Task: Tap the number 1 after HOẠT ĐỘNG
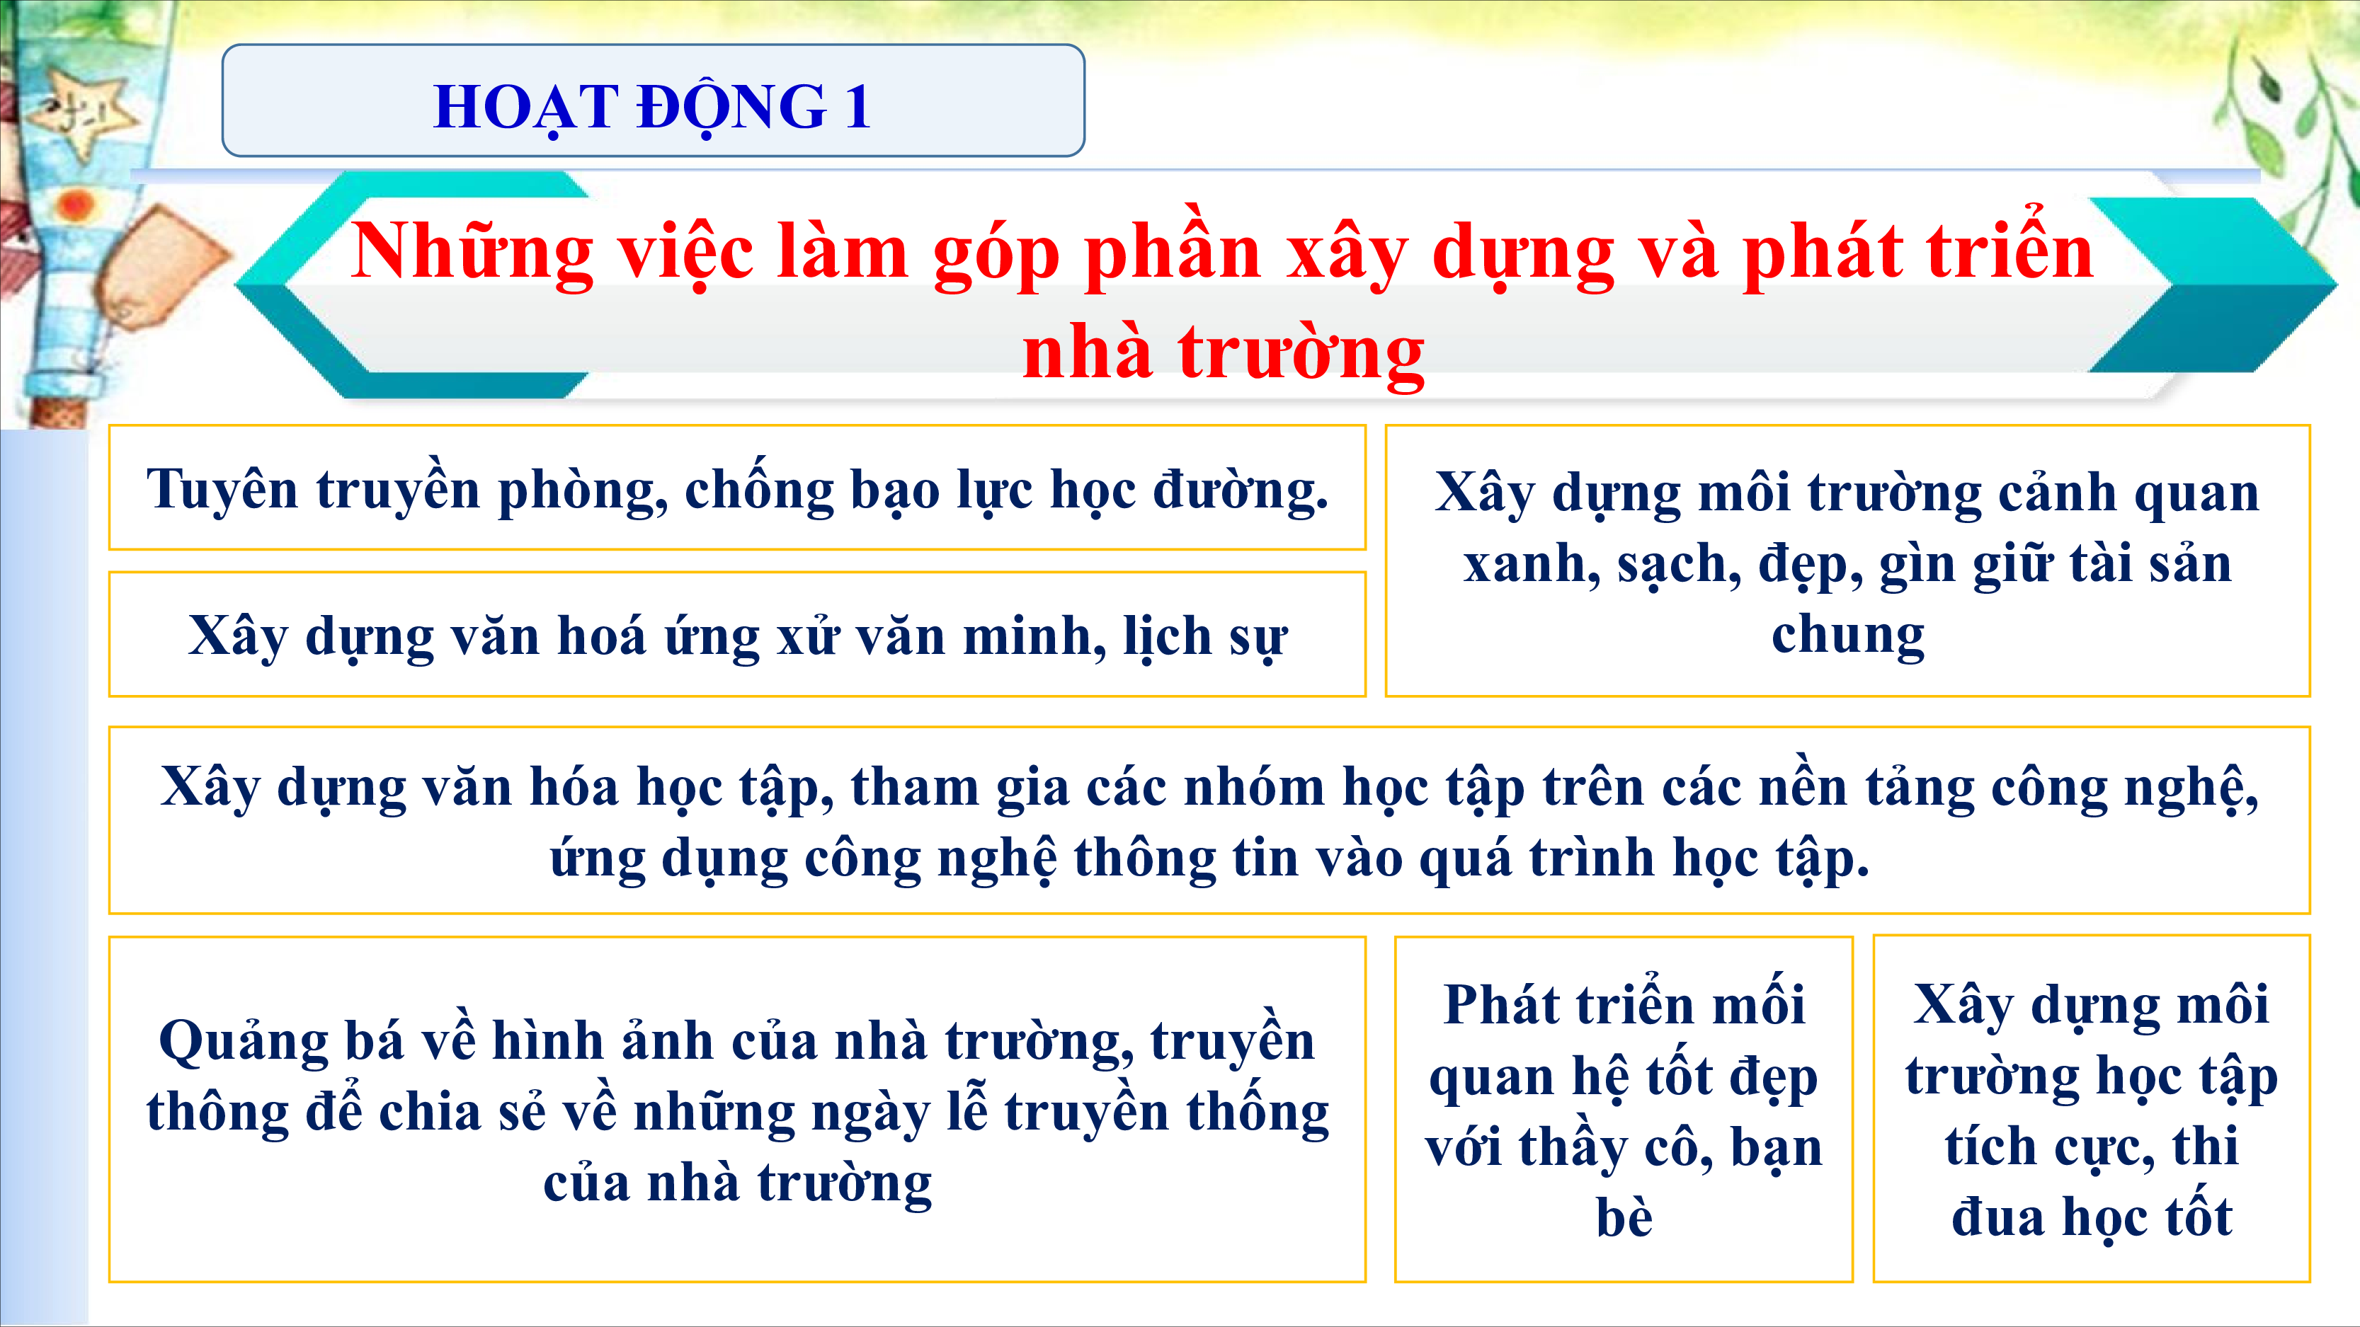tap(857, 106)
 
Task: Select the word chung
tap(1848, 635)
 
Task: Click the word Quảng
tap(244, 1042)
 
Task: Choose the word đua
tap(1998, 1218)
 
